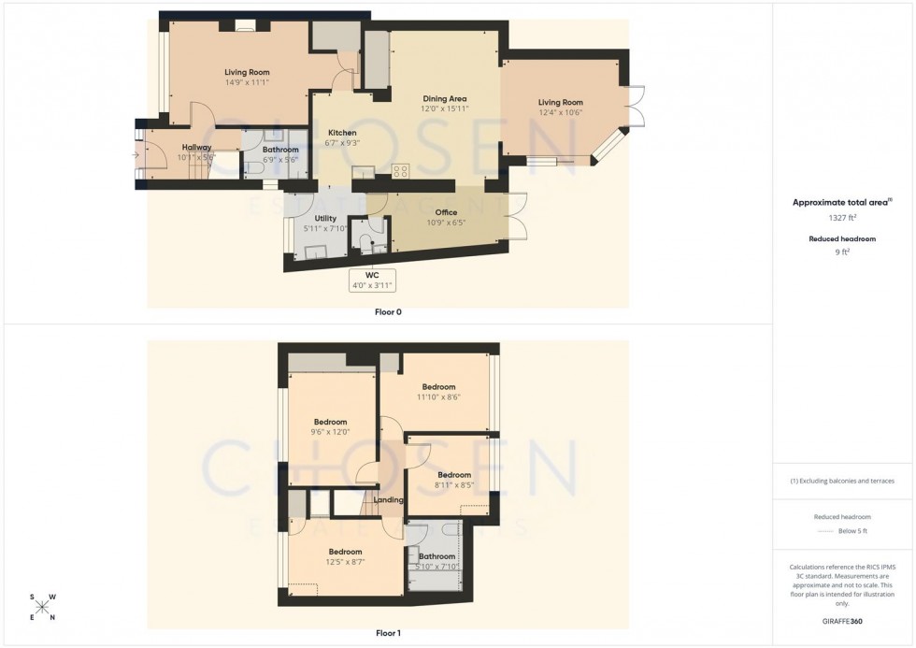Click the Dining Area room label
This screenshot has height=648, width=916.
[444, 98]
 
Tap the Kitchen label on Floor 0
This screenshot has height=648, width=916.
[341, 133]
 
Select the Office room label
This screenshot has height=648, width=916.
[446, 213]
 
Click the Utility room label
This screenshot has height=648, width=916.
[324, 219]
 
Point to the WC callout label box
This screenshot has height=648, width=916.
[372, 280]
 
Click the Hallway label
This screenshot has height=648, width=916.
[196, 148]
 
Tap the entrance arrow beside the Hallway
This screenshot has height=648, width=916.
[136, 155]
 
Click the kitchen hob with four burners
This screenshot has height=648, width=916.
[400, 171]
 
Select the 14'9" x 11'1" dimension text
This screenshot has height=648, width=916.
[246, 82]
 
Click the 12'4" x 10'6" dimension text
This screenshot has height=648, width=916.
[560, 113]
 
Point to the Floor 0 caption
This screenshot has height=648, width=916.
[388, 311]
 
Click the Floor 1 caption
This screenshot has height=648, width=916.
[388, 633]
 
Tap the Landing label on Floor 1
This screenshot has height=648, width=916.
[388, 500]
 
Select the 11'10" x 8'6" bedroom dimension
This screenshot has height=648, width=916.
[438, 397]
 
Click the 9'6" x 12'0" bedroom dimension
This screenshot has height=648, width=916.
[330, 432]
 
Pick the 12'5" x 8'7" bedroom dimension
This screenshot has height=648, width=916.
[345, 562]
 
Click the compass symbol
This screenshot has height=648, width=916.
[43, 607]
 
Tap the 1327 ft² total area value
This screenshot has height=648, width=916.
[842, 218]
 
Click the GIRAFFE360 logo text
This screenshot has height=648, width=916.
[842, 621]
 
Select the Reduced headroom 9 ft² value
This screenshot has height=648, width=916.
[842, 252]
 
